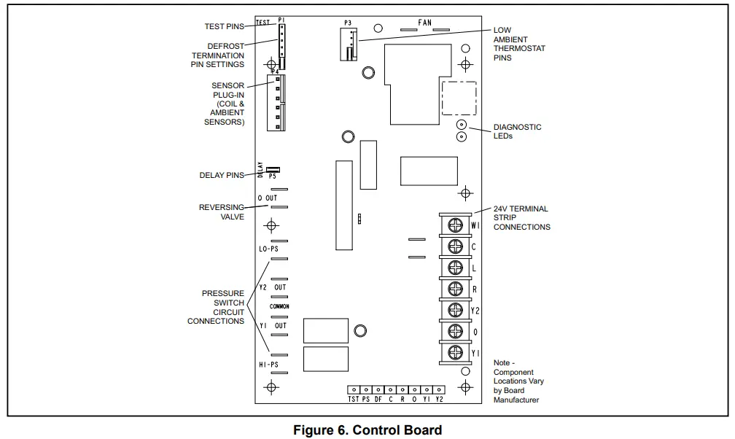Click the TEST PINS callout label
point(225,26)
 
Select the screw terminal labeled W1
point(456,226)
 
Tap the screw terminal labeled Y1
point(456,353)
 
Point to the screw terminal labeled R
point(456,290)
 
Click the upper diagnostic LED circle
point(462,125)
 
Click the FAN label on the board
point(425,23)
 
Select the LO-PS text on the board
point(269,249)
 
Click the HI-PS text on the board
point(269,362)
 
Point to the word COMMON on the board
point(279,306)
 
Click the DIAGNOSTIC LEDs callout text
point(517,131)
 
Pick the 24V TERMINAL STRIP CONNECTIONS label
point(521,217)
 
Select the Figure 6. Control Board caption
point(367,430)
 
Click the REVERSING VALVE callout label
point(222,212)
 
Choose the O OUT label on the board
point(268,198)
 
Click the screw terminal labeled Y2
point(456,311)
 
